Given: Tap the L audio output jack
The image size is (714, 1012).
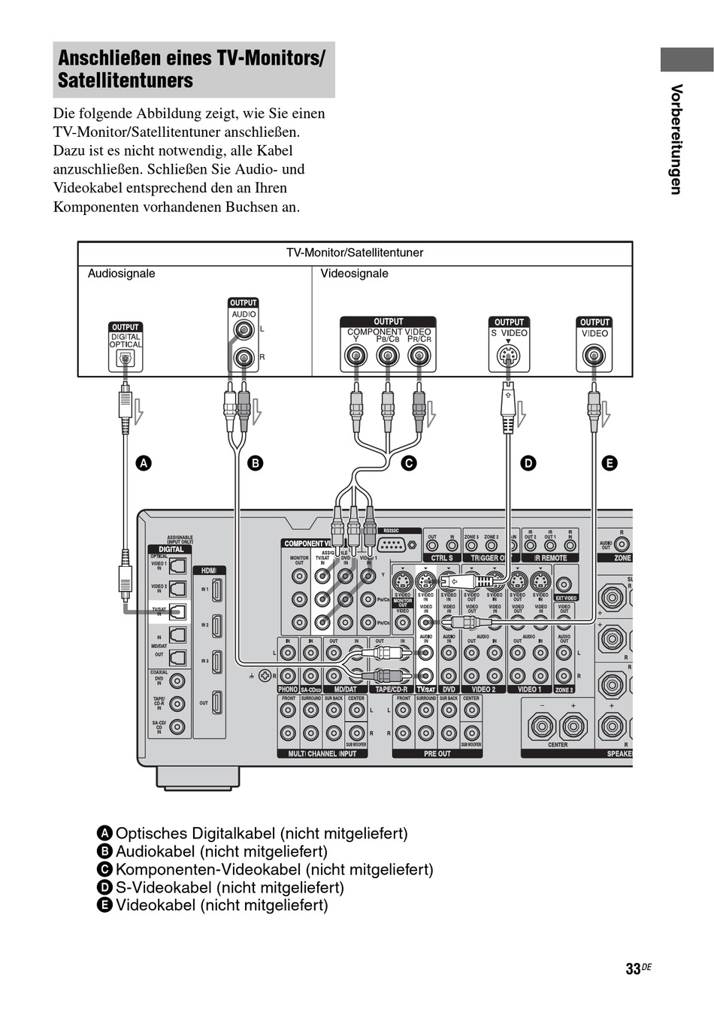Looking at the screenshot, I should tap(244, 330).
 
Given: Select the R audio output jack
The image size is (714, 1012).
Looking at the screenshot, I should tap(244, 357).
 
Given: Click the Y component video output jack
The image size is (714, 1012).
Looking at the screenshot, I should tap(355, 356).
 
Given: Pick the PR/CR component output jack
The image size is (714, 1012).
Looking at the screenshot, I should tap(419, 356).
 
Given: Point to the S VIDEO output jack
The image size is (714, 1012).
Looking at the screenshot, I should tap(509, 356).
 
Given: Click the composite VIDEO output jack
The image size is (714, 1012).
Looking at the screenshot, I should tap(594, 356).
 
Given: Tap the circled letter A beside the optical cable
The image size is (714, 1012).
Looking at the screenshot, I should tap(143, 463).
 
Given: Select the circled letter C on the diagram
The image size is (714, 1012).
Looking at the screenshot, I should tap(408, 463).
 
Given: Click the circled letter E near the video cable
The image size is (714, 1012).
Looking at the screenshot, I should tap(610, 463).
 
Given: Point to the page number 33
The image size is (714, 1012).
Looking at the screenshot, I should tap(633, 968).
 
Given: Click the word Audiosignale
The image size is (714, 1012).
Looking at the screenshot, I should tap(122, 274).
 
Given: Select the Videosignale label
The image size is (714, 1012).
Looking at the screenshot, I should tap(355, 274).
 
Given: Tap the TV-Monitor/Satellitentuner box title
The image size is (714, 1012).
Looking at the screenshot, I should tap(355, 253).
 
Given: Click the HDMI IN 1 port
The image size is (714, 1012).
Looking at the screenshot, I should tap(216, 589).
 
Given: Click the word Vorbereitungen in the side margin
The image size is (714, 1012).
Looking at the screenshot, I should tap(676, 139).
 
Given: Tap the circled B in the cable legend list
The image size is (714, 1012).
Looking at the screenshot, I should tap(104, 852).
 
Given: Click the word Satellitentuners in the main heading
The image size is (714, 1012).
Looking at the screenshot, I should tap(126, 80).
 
